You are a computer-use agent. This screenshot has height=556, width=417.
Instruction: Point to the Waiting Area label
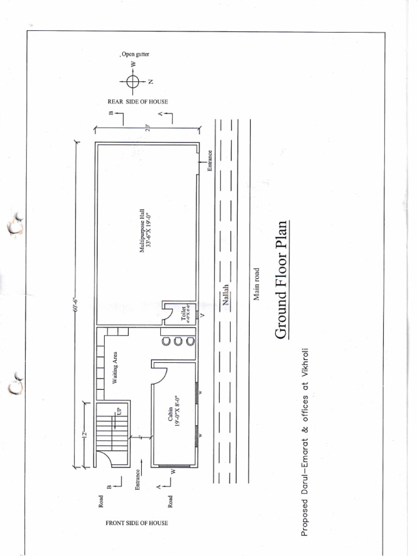(x=115, y=368)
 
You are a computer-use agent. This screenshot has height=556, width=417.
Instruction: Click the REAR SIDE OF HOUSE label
(x=138, y=102)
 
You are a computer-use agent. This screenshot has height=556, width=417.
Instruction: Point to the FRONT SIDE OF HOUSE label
(x=137, y=523)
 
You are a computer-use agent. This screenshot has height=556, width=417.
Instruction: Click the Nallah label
(x=227, y=295)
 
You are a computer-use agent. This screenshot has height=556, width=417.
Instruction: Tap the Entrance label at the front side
(x=138, y=481)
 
